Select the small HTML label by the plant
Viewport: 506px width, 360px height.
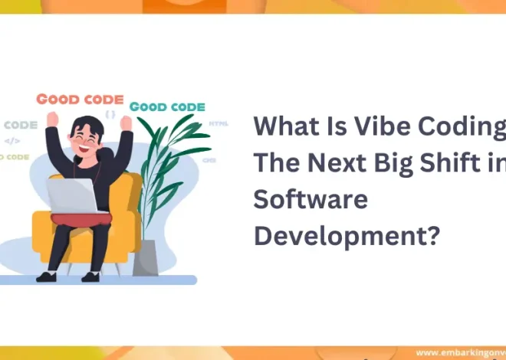coord(219,123)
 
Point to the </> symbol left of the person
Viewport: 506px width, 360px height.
coord(12,140)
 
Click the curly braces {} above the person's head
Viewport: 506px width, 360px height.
coord(110,114)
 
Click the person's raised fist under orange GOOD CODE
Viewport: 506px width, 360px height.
coord(53,119)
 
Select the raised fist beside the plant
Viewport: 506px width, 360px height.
coord(125,123)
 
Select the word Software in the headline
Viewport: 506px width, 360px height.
coord(310,201)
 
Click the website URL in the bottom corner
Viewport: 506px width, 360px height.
coord(460,353)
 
